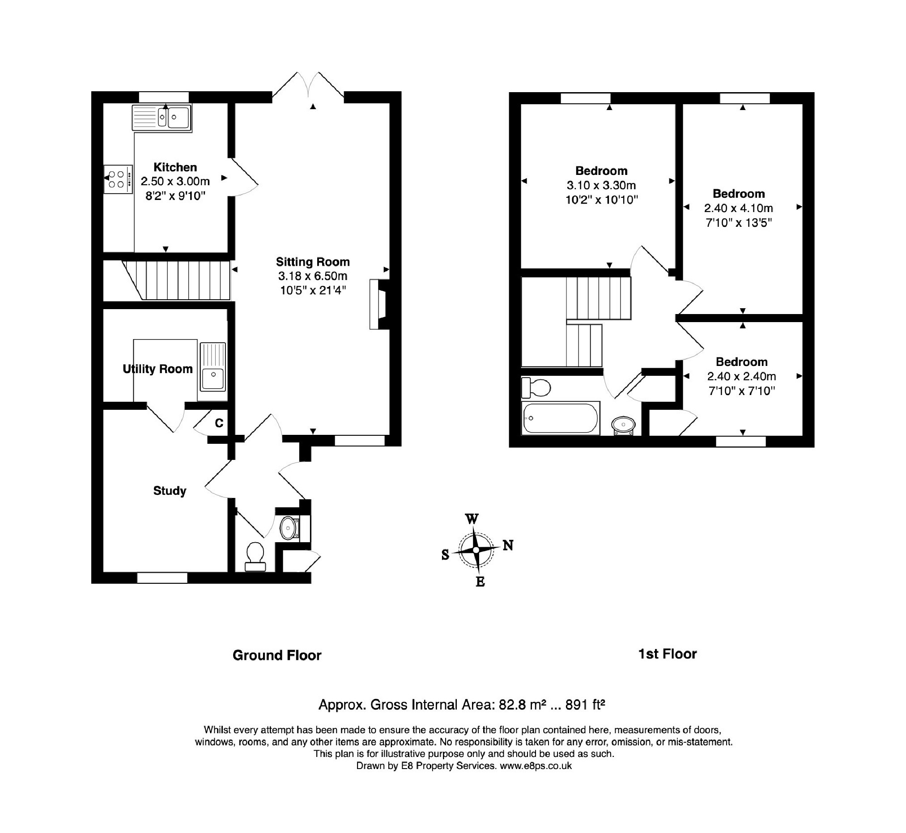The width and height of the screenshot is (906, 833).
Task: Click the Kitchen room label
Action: coord(175,167)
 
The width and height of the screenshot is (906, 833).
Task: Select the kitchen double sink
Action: coord(162,118)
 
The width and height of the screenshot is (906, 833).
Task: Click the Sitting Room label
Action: coord(312,262)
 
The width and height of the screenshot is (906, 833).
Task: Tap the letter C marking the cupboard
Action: coord(219,423)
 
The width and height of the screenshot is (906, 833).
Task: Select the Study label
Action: coord(170,490)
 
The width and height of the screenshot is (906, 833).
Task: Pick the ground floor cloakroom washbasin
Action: coord(288,527)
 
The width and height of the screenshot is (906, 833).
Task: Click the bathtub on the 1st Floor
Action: coord(560,418)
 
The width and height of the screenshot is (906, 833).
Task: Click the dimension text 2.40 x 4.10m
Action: coord(738,208)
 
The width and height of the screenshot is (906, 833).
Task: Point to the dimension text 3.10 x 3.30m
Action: coord(601,185)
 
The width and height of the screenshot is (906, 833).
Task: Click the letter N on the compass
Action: coord(508,545)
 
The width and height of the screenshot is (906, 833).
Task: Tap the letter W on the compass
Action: coord(472,519)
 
